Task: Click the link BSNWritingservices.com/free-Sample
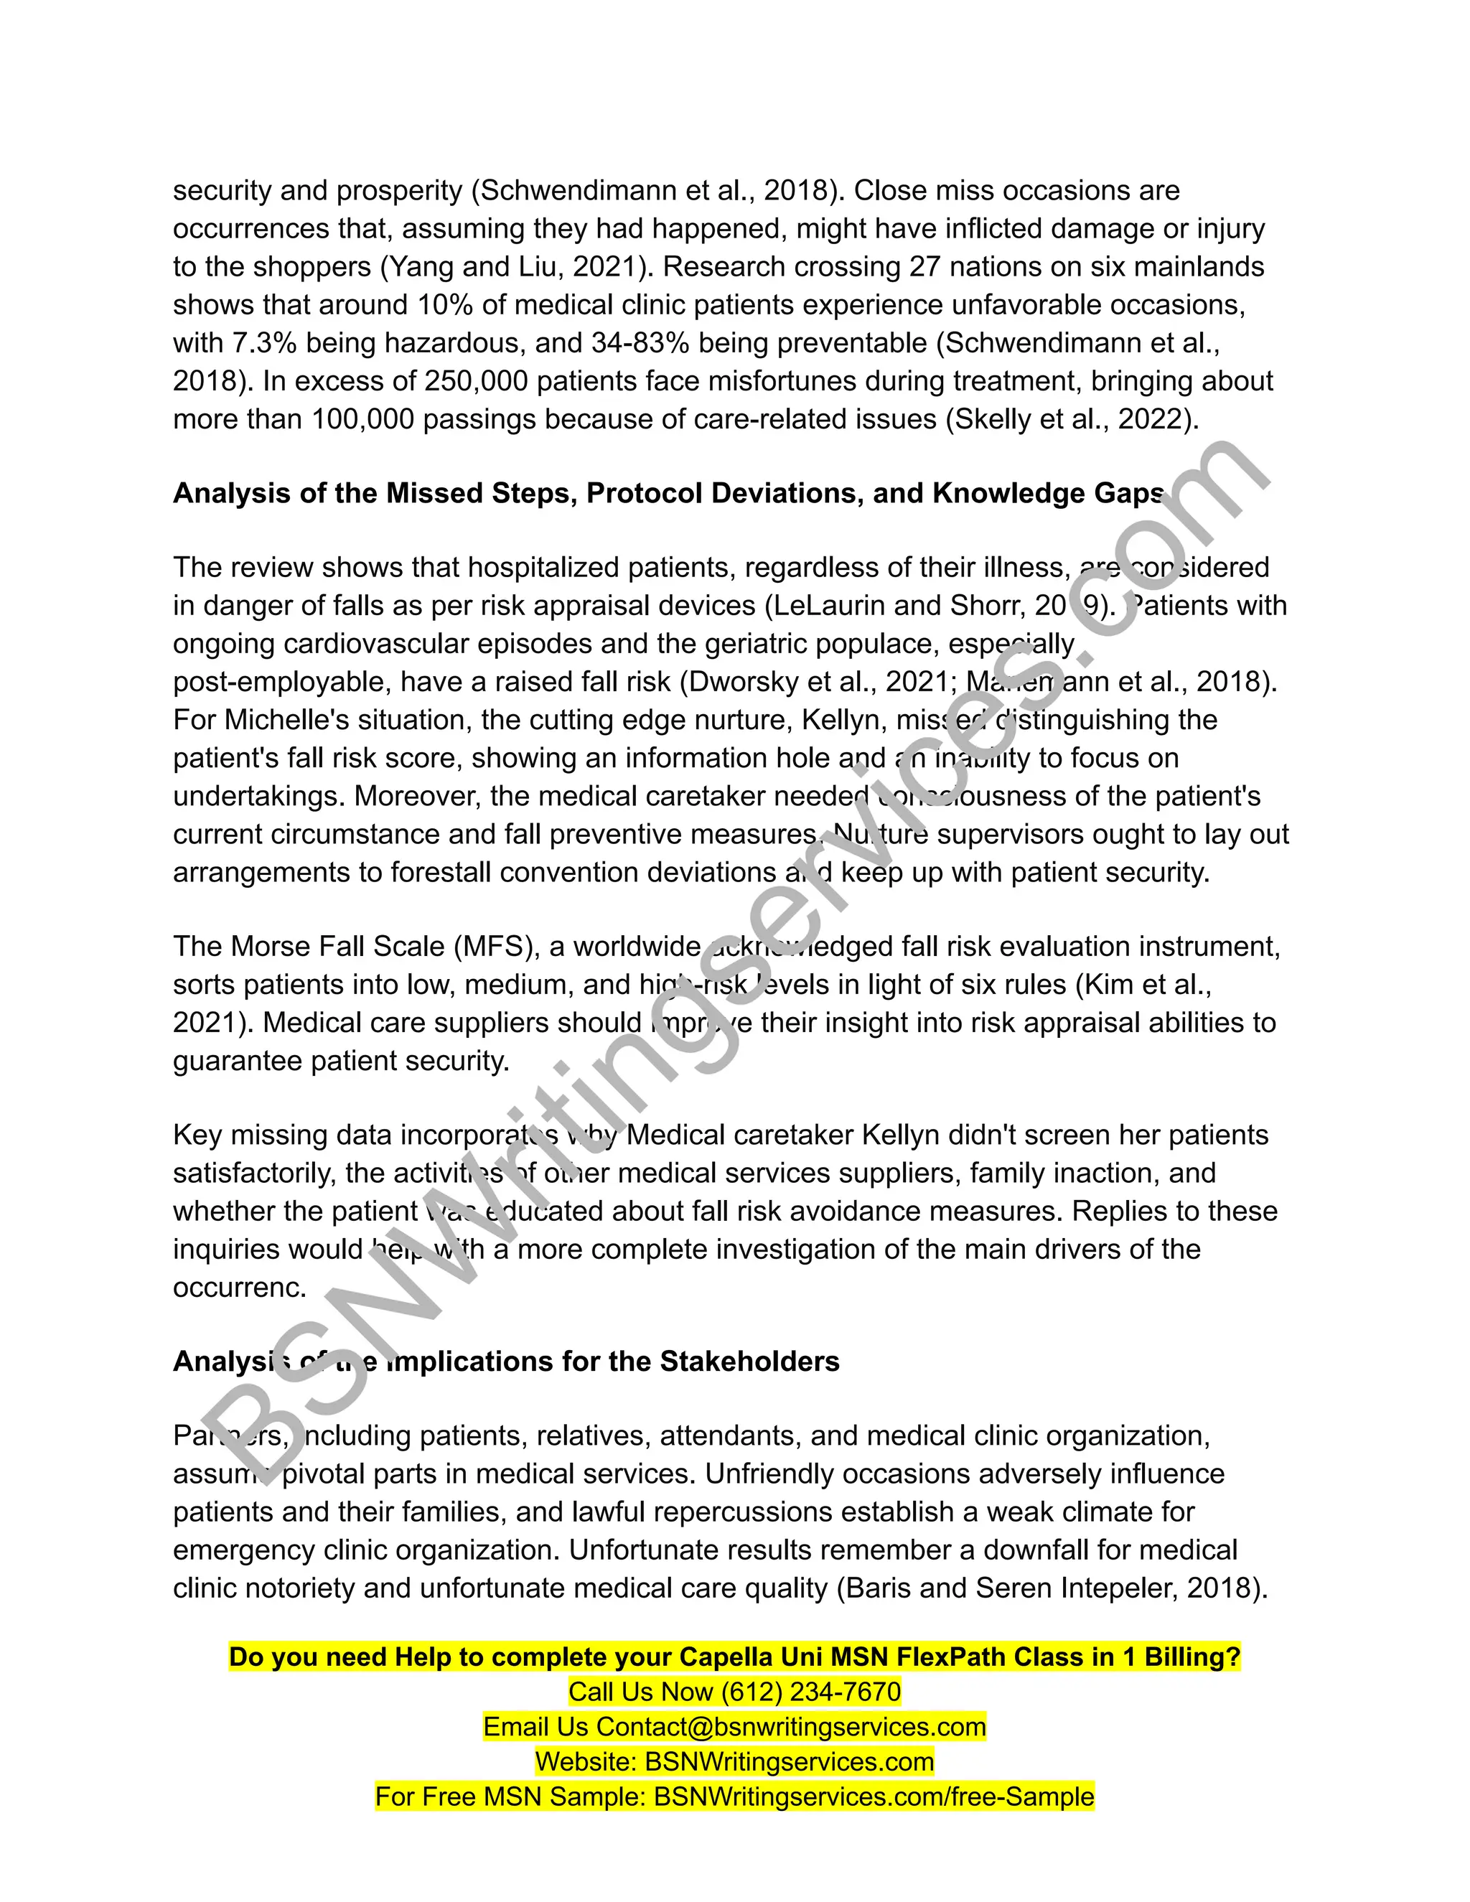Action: [x=874, y=1796]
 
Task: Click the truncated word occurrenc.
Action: [x=240, y=1287]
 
